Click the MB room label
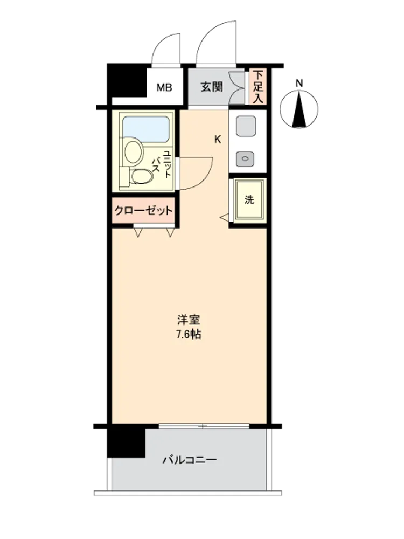pos(164,88)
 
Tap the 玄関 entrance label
pos(212,87)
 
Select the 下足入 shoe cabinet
pos(257,87)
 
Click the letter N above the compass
pos(299,83)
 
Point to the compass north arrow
pos(299,109)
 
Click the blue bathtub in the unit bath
pos(146,129)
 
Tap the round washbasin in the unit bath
pos(134,151)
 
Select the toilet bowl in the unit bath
pos(142,177)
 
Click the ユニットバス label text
pos(161,164)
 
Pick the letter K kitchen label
pos(218,140)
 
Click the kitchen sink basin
pos(246,126)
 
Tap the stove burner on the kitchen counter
pos(245,158)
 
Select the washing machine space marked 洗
pos(249,200)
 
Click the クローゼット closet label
pos(143,210)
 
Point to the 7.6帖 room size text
pos(189,335)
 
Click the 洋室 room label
pos(189,320)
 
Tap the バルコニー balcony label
pos(190,459)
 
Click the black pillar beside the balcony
pos(126,443)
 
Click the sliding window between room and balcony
pos(204,426)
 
